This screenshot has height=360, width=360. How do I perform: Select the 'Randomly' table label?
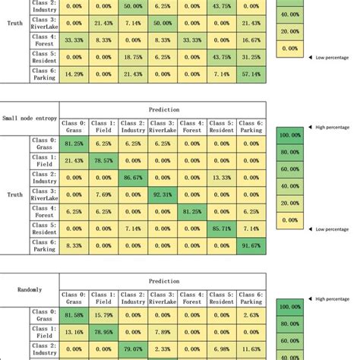[x=29, y=289]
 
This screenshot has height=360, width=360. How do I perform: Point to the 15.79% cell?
[x=103, y=314]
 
